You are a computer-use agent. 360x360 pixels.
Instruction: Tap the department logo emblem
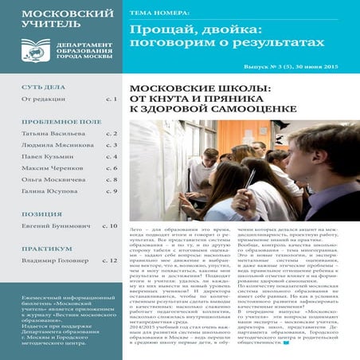pyautogui.click(x=35, y=53)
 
